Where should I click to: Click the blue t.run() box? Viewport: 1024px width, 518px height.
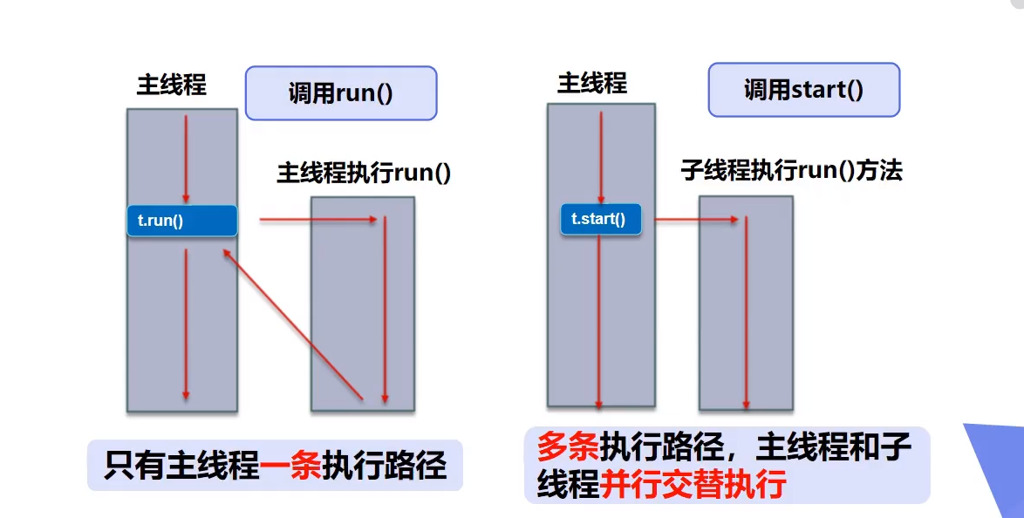[x=182, y=221]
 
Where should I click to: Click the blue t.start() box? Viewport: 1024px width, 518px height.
[x=600, y=219]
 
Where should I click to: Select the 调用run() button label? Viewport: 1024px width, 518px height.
[x=340, y=93]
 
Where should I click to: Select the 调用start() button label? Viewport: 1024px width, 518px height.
[x=803, y=90]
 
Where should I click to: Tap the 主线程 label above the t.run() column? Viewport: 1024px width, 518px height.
[x=172, y=85]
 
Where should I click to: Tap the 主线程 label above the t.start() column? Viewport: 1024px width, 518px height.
[x=592, y=83]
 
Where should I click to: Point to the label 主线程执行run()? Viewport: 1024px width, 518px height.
[x=364, y=172]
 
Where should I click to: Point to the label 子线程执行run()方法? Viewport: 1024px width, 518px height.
[x=791, y=170]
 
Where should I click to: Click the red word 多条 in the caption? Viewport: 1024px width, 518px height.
[x=568, y=448]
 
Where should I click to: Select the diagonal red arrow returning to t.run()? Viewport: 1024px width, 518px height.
[x=292, y=324]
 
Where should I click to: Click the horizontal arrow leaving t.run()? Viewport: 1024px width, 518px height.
[x=318, y=220]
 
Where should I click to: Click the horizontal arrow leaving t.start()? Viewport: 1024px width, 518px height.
[x=696, y=220]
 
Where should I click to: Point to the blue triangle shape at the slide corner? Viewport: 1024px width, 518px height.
[x=1000, y=462]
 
